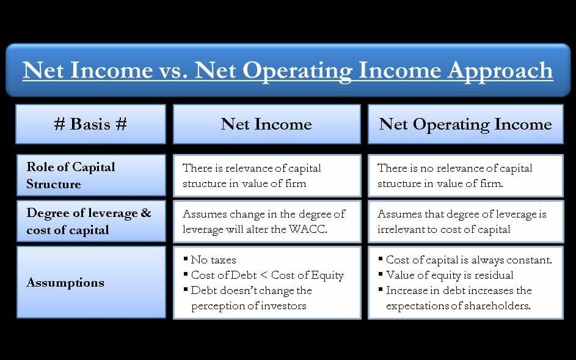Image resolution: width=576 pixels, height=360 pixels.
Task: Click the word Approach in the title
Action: coord(500,71)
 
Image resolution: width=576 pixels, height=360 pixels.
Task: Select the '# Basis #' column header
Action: coord(91,124)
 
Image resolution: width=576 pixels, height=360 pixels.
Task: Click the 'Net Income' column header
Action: coord(266,124)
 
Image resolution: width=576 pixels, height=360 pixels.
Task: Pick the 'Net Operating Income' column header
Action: coord(465,125)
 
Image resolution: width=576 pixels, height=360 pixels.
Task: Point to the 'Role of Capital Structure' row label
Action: coord(71,175)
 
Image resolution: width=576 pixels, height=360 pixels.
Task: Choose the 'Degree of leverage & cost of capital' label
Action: coord(89,221)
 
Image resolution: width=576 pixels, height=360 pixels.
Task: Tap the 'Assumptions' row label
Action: coord(65,282)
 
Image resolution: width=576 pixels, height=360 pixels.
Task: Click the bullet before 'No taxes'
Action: coord(186,259)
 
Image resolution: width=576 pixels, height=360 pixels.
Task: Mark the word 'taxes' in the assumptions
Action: coord(223,260)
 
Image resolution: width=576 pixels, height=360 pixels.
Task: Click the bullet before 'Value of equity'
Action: coord(381,274)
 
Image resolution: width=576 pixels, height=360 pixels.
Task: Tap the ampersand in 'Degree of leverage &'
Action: coord(146,213)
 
